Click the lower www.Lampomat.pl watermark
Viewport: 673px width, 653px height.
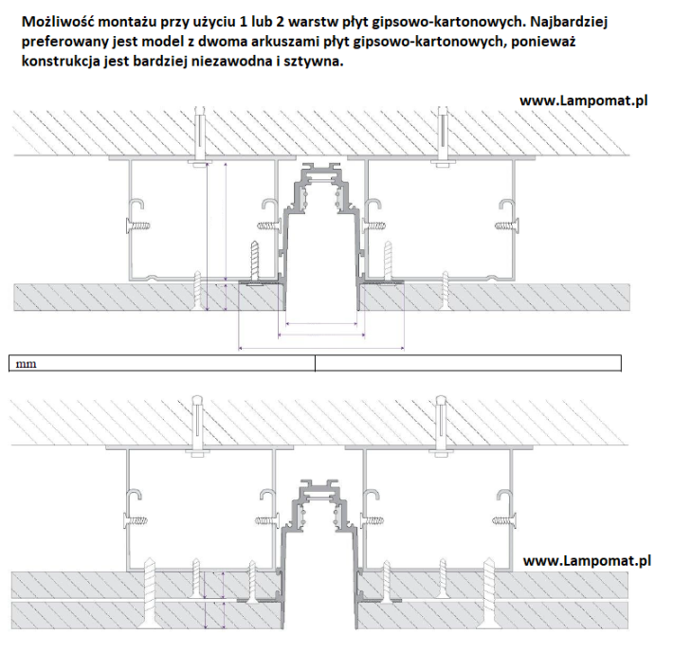(x=587, y=560)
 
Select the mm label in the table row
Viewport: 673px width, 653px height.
(x=26, y=362)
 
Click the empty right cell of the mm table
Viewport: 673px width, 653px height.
(x=466, y=362)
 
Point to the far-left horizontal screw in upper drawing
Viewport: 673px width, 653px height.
(x=138, y=226)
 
